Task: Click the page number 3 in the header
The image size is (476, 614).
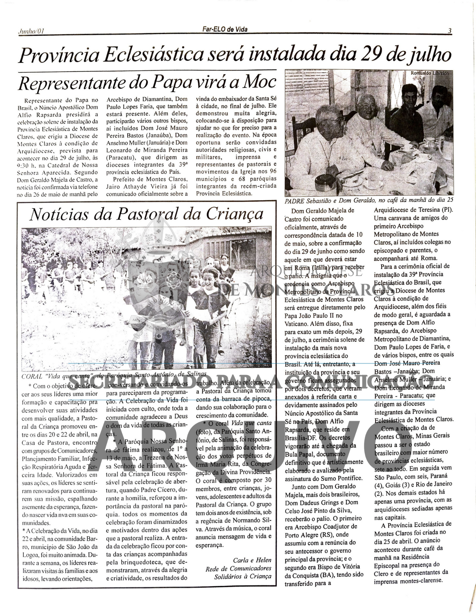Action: pos(449,31)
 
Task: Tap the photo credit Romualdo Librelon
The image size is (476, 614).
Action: pos(429,73)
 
